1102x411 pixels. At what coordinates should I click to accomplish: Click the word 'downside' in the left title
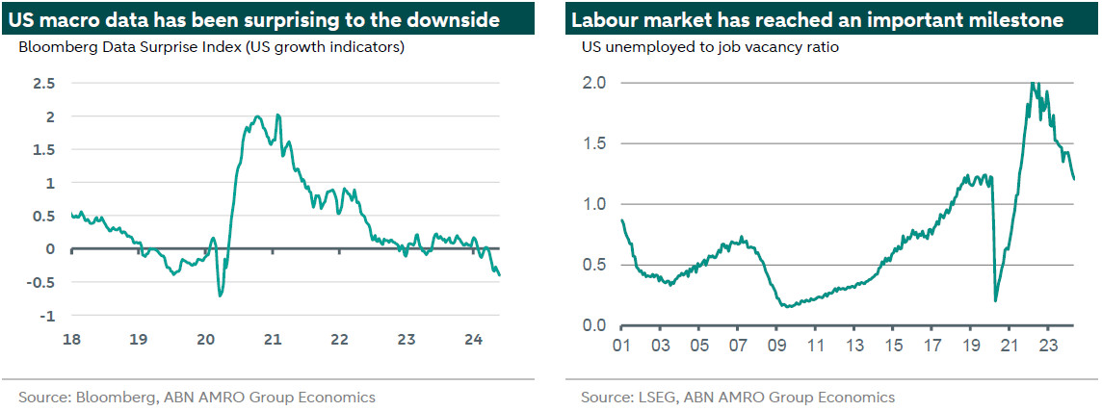(x=456, y=19)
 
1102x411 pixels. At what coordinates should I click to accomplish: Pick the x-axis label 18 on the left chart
(x=71, y=340)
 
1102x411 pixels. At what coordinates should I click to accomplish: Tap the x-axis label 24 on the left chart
(x=474, y=340)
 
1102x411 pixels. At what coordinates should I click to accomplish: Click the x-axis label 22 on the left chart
(x=339, y=340)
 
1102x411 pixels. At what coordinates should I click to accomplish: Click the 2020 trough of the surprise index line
(x=221, y=295)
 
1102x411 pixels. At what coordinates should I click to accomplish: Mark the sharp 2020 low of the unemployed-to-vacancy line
(x=995, y=301)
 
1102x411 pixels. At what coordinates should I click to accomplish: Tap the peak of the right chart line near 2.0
(x=1034, y=83)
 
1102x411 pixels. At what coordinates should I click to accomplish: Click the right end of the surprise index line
(x=500, y=275)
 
